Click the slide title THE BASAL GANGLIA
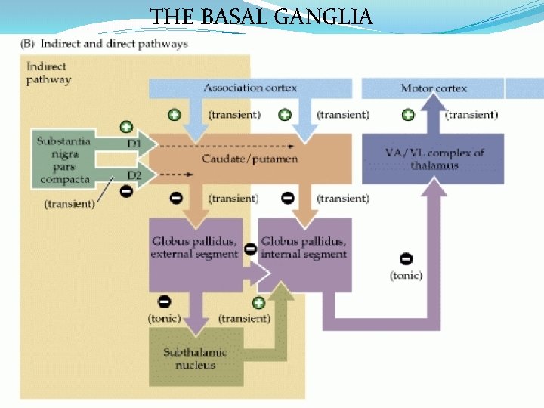pos(261,15)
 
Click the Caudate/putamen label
pos(250,159)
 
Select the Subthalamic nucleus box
pos(195,359)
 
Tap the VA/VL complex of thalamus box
pos(434,159)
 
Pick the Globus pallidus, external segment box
pos(195,248)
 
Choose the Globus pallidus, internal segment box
pos(304,248)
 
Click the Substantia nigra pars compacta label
pos(63,160)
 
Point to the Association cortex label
pos(249,88)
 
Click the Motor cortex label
pos(433,88)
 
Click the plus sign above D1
pos(126,127)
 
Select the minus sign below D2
pos(126,191)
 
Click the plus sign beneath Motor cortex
pos(407,115)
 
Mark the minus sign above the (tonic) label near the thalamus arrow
pos(406,259)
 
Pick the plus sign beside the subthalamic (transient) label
pos(258,303)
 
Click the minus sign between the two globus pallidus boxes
pos(250,249)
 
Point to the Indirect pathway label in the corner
pos(48,73)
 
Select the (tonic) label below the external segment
pos(164,318)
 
